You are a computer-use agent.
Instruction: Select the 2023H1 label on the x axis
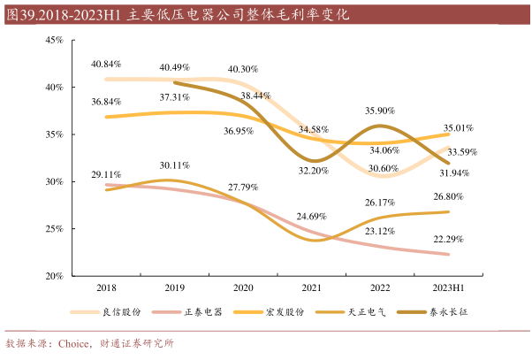[449, 287]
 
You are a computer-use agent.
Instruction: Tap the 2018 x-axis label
[106, 287]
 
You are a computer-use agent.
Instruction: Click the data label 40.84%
[106, 65]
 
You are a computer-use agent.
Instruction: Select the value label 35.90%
[380, 111]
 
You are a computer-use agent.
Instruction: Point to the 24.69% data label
[313, 216]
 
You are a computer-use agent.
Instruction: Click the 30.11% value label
[175, 165]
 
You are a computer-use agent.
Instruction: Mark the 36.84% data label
[106, 102]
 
